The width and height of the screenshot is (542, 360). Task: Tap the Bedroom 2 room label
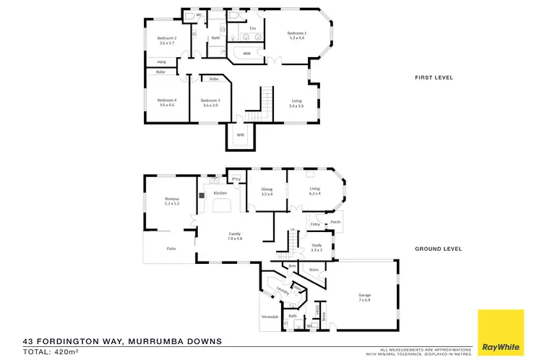tap(168, 40)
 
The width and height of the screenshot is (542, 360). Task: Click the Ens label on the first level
tap(253, 27)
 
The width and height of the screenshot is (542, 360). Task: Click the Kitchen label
tap(220, 193)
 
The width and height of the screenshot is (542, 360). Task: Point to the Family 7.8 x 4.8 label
tap(235, 236)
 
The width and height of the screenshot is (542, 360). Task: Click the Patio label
tap(172, 248)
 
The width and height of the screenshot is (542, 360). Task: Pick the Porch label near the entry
tap(335, 222)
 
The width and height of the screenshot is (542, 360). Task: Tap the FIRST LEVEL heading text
tap(434, 77)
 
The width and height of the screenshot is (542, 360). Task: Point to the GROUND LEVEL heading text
tap(439, 249)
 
